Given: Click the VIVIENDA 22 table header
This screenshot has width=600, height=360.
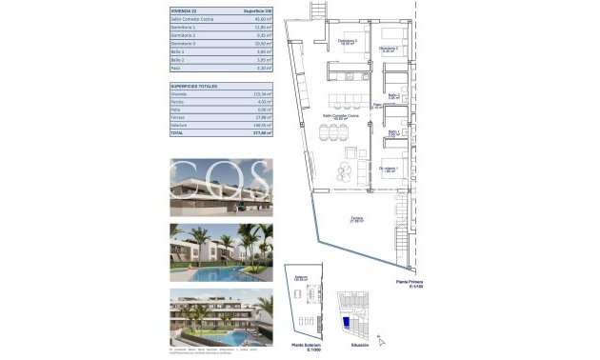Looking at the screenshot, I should pos(185,10).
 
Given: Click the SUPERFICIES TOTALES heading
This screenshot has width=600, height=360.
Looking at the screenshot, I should pos(193,86).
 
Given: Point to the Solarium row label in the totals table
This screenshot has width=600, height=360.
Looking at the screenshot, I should pos(180,125).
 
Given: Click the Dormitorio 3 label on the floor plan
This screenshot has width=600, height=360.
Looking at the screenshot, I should pos(349,42).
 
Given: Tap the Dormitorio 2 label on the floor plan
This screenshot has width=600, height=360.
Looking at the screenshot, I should pos(388,48).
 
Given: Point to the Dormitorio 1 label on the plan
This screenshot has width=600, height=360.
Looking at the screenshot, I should pos(389,169).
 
